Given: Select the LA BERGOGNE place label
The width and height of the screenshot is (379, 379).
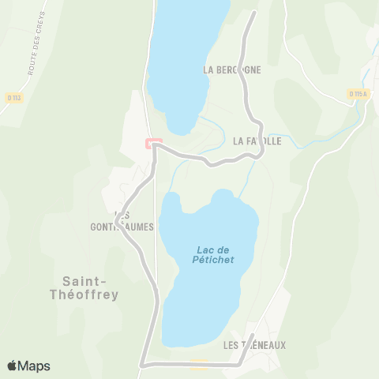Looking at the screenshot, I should tap(231, 69).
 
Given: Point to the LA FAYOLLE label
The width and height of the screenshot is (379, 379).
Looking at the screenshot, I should tap(257, 142).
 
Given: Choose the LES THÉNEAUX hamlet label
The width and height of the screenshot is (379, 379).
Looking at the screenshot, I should tap(254, 345).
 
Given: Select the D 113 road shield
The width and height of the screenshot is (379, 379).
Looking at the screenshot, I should tap(13, 97).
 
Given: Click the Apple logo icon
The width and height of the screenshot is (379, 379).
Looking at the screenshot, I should tap(12, 366).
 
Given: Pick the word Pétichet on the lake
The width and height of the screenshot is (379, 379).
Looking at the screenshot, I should tap(212, 261).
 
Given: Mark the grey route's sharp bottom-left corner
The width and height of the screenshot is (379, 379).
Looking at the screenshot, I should tap(142, 365).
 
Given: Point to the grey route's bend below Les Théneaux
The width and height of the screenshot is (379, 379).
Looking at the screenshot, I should tap(242, 363).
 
